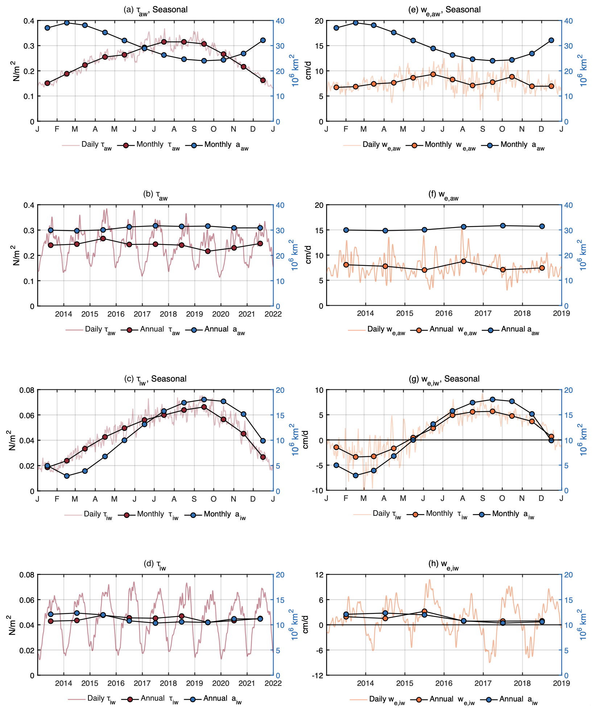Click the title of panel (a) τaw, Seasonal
pos(156,10)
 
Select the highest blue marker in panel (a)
pos(67,23)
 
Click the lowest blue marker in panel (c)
pos(67,476)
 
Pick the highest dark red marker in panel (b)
pos(103,239)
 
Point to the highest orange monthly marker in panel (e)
pos(433,74)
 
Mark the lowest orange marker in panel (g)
pos(356,457)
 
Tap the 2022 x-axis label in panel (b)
pos(273,314)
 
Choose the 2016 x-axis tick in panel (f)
pos(444,313)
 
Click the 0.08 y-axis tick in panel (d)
pos(27,575)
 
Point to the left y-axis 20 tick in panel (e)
pos(319,21)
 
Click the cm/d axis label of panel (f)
pos(308,255)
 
